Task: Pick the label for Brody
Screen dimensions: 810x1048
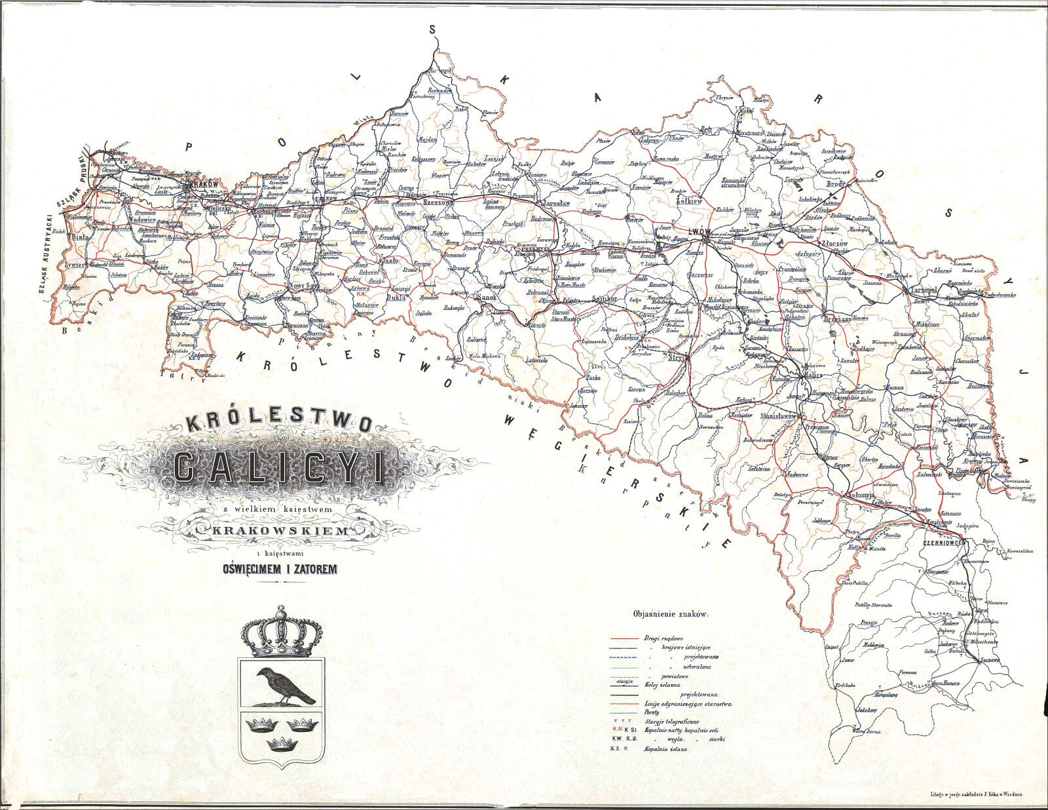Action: pos(836,185)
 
